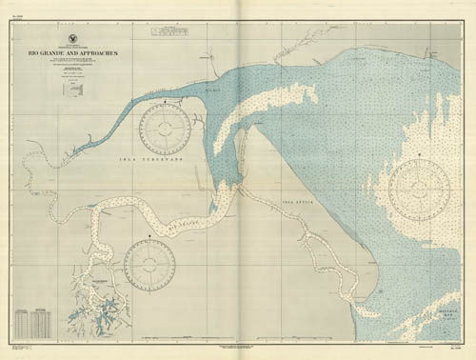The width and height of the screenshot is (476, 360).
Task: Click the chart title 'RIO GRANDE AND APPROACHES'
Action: pyautogui.click(x=80, y=52)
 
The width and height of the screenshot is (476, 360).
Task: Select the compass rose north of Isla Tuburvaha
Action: pyautogui.click(x=165, y=129)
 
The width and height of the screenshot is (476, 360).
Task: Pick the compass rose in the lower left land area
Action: pyautogui.click(x=149, y=264)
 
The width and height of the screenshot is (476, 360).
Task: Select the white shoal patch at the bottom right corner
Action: pyautogui.click(x=438, y=330)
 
